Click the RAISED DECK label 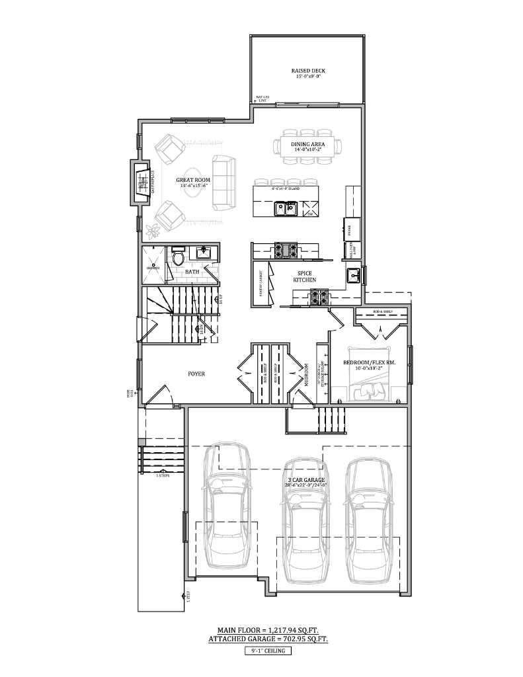click(308, 71)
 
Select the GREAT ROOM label click(193, 180)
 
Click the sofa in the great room click(223, 173)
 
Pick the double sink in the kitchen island click(286, 209)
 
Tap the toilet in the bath click(177, 255)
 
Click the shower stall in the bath click(153, 265)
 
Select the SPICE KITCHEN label click(305, 276)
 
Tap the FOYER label click(196, 374)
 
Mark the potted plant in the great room click(154, 230)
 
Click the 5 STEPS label click(163, 475)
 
